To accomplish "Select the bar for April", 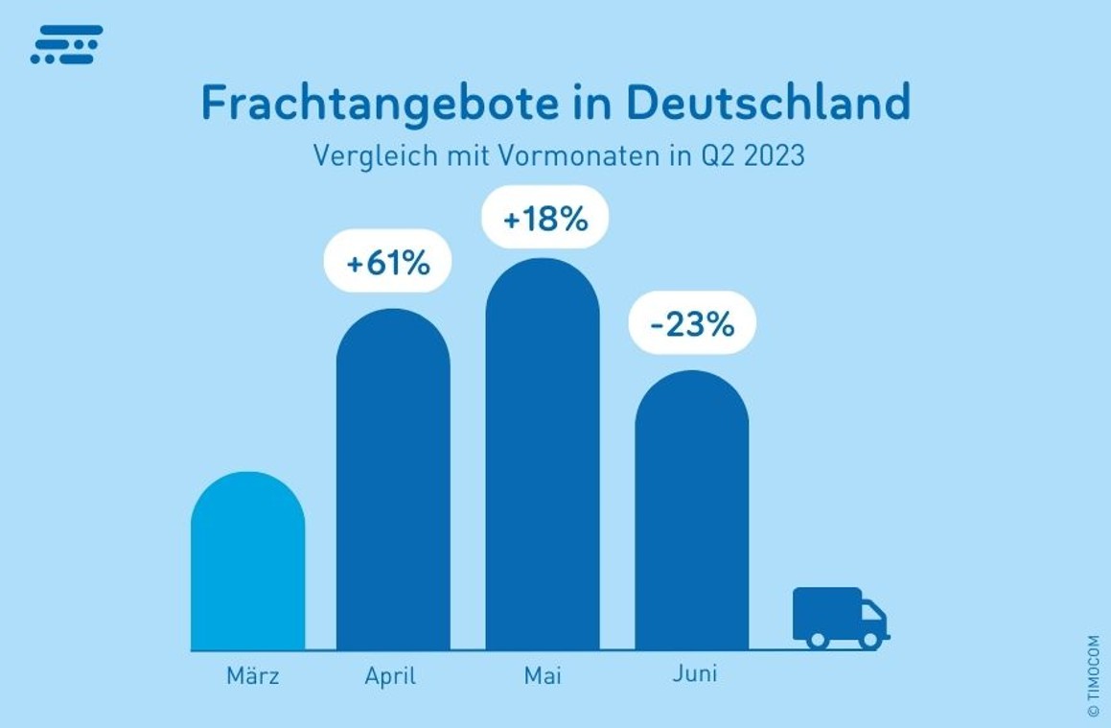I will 393,480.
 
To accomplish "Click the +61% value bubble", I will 387,261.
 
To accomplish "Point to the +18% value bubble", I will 544,218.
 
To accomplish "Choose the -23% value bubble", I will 691,323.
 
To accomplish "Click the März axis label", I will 253,675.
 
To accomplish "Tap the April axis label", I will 390,676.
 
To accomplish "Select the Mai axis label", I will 543,675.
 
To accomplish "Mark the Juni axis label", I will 694,673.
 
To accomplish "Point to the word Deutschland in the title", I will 767,103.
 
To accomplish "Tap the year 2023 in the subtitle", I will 774,155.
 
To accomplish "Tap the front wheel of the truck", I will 869,639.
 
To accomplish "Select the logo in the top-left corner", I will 66,45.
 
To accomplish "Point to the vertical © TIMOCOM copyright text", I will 1094,676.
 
